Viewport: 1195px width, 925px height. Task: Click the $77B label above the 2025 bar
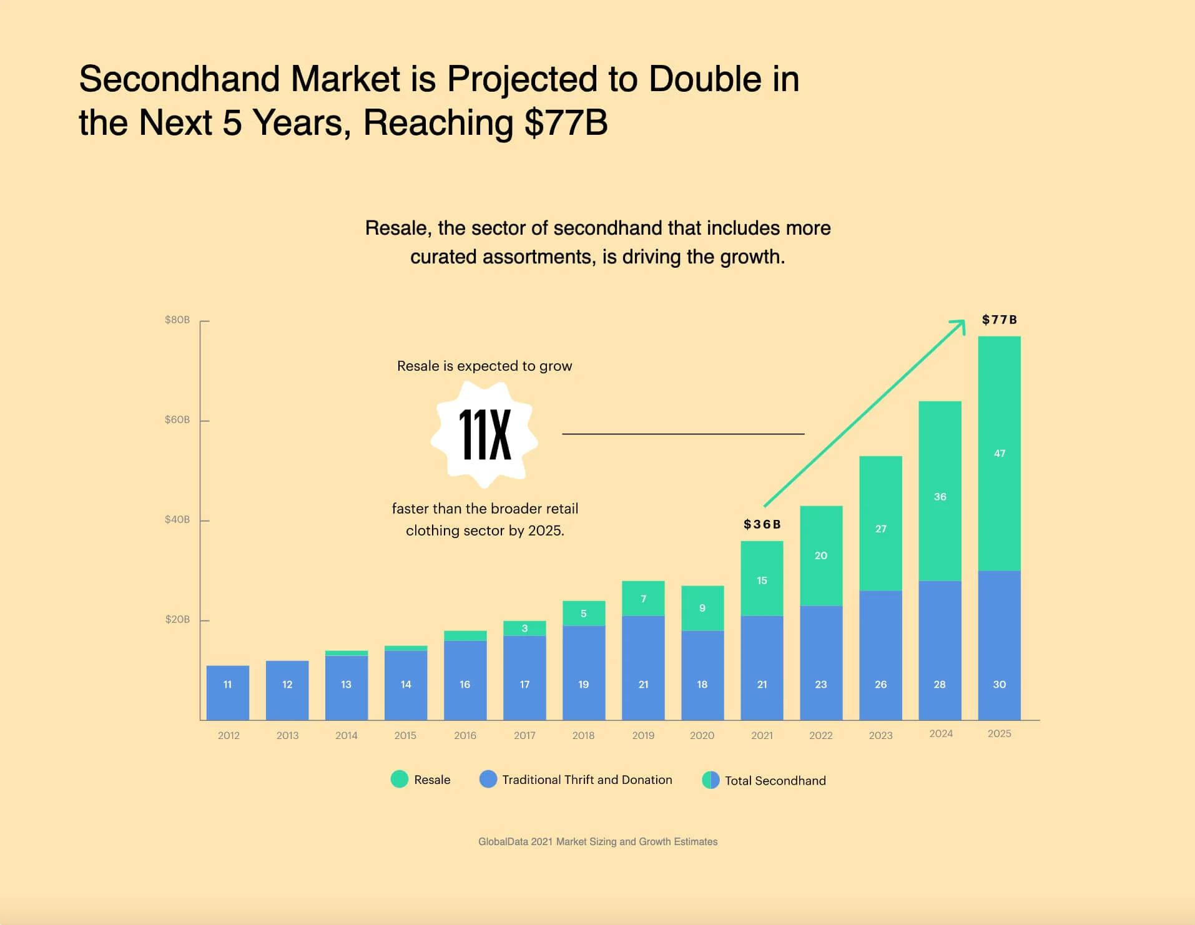(x=999, y=320)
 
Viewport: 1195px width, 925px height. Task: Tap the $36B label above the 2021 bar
(x=762, y=524)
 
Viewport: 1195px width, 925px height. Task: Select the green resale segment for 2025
(x=999, y=453)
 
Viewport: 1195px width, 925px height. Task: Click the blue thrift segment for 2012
(x=228, y=693)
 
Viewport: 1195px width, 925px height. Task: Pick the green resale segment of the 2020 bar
(x=702, y=608)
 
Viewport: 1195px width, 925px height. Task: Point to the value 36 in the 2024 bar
(x=940, y=497)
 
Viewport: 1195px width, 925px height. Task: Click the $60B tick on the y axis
(x=177, y=419)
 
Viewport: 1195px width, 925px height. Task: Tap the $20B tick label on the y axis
(x=177, y=619)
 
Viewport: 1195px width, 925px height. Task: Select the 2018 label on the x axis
(x=583, y=735)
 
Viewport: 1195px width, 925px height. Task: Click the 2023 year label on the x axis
(x=880, y=735)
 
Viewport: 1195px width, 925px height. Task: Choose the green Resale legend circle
(x=400, y=779)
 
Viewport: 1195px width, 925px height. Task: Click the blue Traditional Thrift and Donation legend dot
(x=488, y=779)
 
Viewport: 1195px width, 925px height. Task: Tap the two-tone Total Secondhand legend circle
(x=711, y=780)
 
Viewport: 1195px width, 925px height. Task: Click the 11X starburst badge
(x=484, y=434)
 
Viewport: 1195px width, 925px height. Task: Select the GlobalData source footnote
(x=597, y=841)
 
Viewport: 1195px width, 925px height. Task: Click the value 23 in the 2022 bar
(x=821, y=684)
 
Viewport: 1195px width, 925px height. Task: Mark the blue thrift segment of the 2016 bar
(x=465, y=680)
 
